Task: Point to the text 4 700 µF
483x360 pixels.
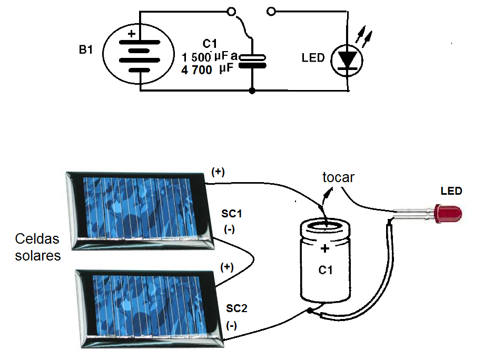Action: pos(206,69)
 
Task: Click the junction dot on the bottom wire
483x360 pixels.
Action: pos(253,91)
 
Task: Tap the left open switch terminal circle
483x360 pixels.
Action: pos(230,11)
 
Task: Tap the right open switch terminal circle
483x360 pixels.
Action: pos(272,11)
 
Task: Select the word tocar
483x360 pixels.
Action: pos(338,178)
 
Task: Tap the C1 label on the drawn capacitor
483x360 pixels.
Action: pos(326,271)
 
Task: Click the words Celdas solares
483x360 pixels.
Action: pos(37,247)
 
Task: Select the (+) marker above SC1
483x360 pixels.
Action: pos(218,172)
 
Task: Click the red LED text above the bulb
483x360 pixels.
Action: pos(451,191)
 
